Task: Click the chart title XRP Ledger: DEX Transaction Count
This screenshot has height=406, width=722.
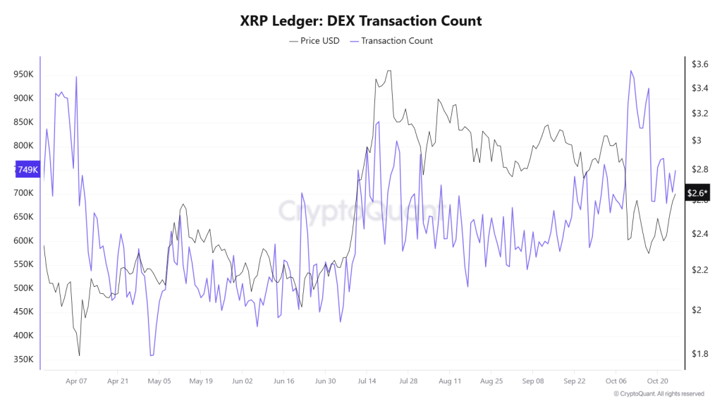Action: pyautogui.click(x=360, y=21)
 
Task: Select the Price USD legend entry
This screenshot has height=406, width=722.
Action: pyautogui.click(x=314, y=41)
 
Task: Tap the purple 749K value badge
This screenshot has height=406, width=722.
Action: pyautogui.click(x=27, y=170)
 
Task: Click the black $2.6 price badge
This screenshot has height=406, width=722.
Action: pyautogui.click(x=697, y=193)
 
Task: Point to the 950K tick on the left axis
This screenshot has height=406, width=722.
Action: pyautogui.click(x=23, y=74)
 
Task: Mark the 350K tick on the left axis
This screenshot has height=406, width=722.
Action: pyautogui.click(x=23, y=359)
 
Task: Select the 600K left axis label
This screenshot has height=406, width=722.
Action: pyautogui.click(x=23, y=241)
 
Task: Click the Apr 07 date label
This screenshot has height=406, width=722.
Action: pyautogui.click(x=76, y=381)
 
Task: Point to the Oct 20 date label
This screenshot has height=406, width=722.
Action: pyautogui.click(x=657, y=381)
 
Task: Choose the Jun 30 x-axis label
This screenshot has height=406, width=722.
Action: pyautogui.click(x=325, y=381)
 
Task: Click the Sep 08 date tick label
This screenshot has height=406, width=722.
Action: pyautogui.click(x=533, y=381)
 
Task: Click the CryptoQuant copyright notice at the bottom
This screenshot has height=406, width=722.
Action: pyautogui.click(x=659, y=394)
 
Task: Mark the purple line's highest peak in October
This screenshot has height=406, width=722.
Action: pyautogui.click(x=630, y=70)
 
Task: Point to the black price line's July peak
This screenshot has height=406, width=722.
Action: pyautogui.click(x=388, y=70)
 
